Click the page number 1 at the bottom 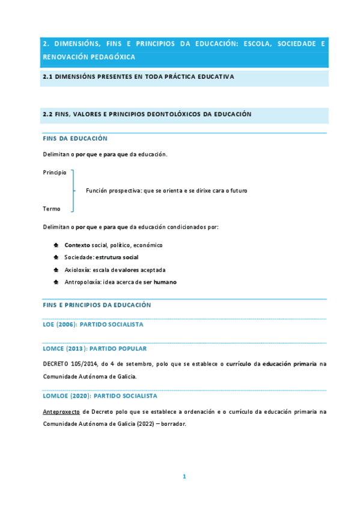pos(185,476)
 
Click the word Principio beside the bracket pos(55,173)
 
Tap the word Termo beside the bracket pos(52,209)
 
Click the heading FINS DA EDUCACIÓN pos(71,138)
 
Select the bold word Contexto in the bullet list pos(77,245)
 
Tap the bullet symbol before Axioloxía pos(56,270)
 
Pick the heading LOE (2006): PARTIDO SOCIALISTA pos(93,325)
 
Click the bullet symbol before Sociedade pos(56,257)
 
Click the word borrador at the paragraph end pos(173,423)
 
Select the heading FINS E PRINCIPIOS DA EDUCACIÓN pos(97,305)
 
